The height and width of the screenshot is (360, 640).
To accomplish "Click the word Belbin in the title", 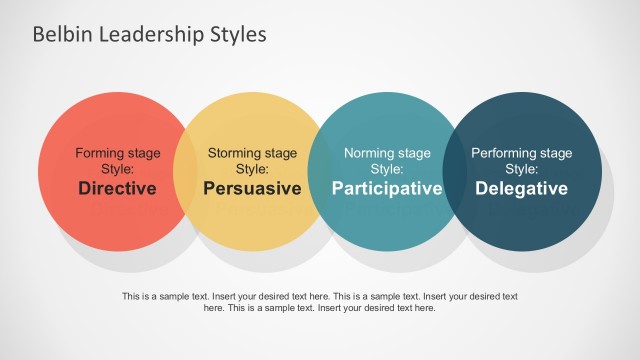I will [x=57, y=35].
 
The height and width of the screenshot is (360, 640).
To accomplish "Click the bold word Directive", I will [x=117, y=188].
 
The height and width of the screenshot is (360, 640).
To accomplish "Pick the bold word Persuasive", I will [x=252, y=188].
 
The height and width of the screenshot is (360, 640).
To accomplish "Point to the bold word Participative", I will [x=387, y=188].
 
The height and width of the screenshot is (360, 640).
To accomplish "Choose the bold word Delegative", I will [x=521, y=188].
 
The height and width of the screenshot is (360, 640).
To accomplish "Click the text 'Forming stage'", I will [x=117, y=154].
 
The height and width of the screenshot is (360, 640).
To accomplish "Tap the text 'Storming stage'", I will [x=252, y=154].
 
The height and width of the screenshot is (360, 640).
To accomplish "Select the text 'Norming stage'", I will [x=387, y=154].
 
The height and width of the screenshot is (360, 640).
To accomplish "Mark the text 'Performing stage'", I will [x=521, y=154].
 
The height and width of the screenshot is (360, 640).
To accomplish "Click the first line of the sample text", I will [x=320, y=296].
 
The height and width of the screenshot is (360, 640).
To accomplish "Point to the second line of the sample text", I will [x=320, y=308].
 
